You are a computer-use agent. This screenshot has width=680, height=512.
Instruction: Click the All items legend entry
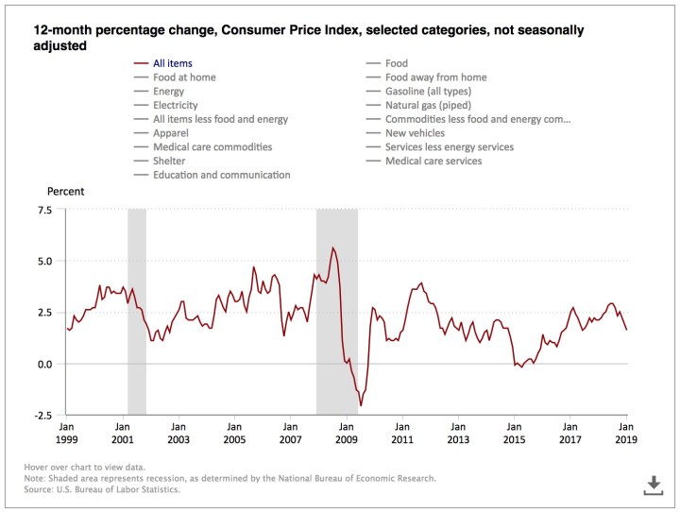176,63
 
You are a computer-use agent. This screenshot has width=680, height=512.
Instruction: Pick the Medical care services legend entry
433,162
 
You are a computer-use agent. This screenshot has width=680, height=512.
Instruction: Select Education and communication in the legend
221,175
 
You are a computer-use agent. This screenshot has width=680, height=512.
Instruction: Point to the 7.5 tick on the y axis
44,210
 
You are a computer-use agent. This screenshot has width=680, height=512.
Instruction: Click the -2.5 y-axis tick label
42,415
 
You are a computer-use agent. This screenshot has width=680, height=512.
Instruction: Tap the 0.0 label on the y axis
44,364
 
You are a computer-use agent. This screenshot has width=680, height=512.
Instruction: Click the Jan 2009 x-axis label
347,434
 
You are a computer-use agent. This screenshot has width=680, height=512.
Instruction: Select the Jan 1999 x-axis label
67,434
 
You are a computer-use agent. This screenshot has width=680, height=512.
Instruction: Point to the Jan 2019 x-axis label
625,434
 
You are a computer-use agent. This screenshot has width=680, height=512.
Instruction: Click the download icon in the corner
654,486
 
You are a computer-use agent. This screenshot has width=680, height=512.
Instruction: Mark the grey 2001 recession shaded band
137,312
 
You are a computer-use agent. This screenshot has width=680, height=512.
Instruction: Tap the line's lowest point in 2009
361,405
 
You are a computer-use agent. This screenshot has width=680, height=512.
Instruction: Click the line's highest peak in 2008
332,247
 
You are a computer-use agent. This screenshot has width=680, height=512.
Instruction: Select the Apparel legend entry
172,133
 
